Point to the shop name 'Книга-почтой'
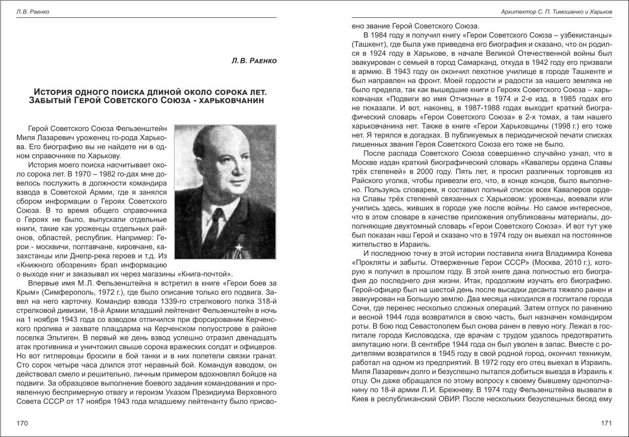pos(209,273)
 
